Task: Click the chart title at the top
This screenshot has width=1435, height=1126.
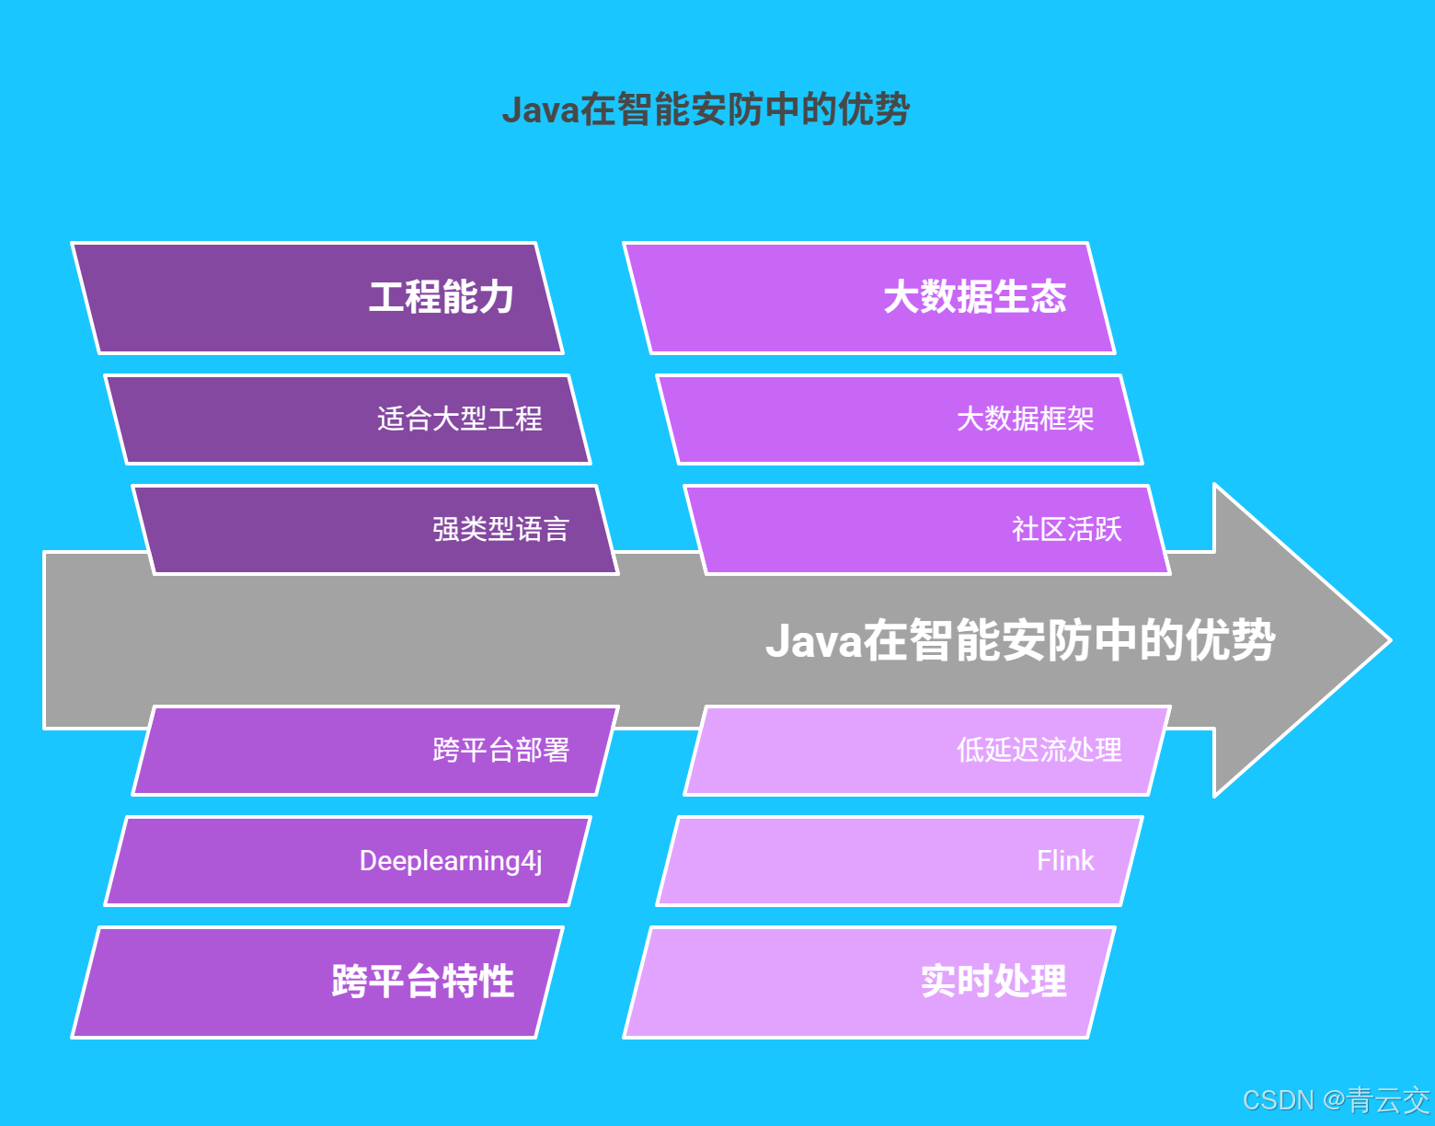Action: [x=706, y=109]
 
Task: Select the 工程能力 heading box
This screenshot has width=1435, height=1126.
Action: [x=317, y=297]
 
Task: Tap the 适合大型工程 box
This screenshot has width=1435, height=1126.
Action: [x=349, y=419]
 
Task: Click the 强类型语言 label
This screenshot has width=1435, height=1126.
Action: [x=500, y=530]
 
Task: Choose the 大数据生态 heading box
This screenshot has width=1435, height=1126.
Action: [x=869, y=297]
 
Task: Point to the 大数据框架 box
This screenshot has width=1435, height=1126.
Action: [x=901, y=419]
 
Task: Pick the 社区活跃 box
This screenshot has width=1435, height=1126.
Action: [x=928, y=530]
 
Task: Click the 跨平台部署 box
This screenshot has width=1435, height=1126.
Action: [x=376, y=751]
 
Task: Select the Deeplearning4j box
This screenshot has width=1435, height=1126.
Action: [x=349, y=861]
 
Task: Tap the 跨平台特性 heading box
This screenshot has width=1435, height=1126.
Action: [x=317, y=982]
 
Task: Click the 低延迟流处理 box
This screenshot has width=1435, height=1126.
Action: [x=928, y=751]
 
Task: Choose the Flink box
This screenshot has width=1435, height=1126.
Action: [x=901, y=861]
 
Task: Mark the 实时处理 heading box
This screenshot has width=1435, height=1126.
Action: [x=869, y=982]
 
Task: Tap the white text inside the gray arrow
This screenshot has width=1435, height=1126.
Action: [x=1020, y=640]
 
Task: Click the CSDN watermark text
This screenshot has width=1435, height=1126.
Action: [x=1278, y=1100]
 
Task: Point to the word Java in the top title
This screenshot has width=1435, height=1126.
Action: [x=541, y=110]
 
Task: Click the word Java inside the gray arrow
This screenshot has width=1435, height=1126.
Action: [x=813, y=641]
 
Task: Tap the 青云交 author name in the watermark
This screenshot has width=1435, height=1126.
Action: [x=1389, y=1100]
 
